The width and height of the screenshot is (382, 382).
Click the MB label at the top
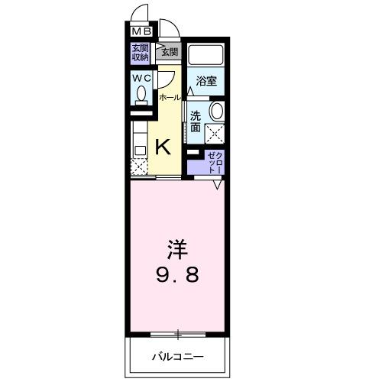pyautogui.click(x=141, y=31)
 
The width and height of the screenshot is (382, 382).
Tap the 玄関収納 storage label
pyautogui.click(x=141, y=53)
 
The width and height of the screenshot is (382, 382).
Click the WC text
pyautogui.click(x=141, y=78)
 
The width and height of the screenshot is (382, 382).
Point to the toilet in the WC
pyautogui.click(x=141, y=95)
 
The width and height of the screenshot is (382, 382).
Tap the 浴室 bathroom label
pyautogui.click(x=205, y=80)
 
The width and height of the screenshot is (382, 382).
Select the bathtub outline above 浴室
pyautogui.click(x=206, y=55)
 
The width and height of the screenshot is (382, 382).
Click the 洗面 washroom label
pyautogui.click(x=196, y=121)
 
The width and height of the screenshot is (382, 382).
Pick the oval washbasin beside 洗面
pyautogui.click(x=216, y=112)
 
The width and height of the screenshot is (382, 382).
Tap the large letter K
pyautogui.click(x=163, y=146)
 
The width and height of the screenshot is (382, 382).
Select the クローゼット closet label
pyautogui.click(x=215, y=160)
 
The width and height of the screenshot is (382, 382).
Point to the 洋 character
pyautogui.click(x=178, y=250)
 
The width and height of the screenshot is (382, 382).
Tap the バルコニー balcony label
pyautogui.click(x=176, y=355)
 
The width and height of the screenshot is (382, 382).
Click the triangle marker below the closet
pyautogui.click(x=218, y=184)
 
